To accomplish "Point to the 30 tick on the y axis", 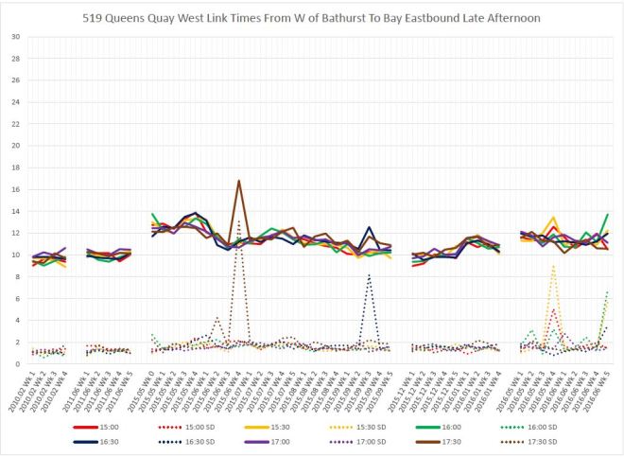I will click(15, 37).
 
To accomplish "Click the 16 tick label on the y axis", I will click(15, 190).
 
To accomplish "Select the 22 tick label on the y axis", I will click(15, 124).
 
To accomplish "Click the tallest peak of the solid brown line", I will click(239, 180).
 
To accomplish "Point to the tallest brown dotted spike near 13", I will click(239, 221).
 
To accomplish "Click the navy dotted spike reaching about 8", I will click(370, 274).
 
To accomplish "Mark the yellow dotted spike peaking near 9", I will click(553, 266).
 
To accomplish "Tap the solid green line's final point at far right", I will click(606, 215).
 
